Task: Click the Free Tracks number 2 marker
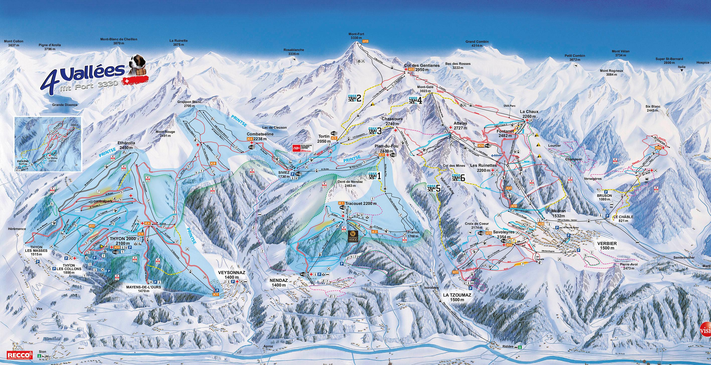[354, 98]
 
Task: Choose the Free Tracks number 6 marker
[458, 178]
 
